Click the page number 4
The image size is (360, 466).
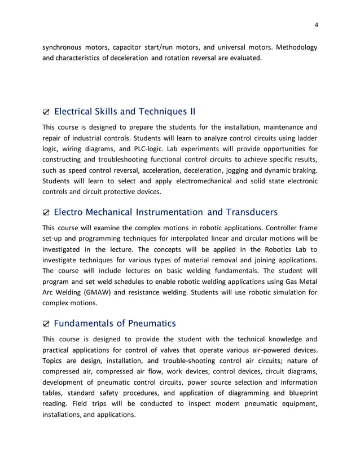(x=317, y=24)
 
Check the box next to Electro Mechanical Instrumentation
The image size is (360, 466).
(x=46, y=213)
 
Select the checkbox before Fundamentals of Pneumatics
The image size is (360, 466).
(x=46, y=324)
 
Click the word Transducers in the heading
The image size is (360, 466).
(x=251, y=212)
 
